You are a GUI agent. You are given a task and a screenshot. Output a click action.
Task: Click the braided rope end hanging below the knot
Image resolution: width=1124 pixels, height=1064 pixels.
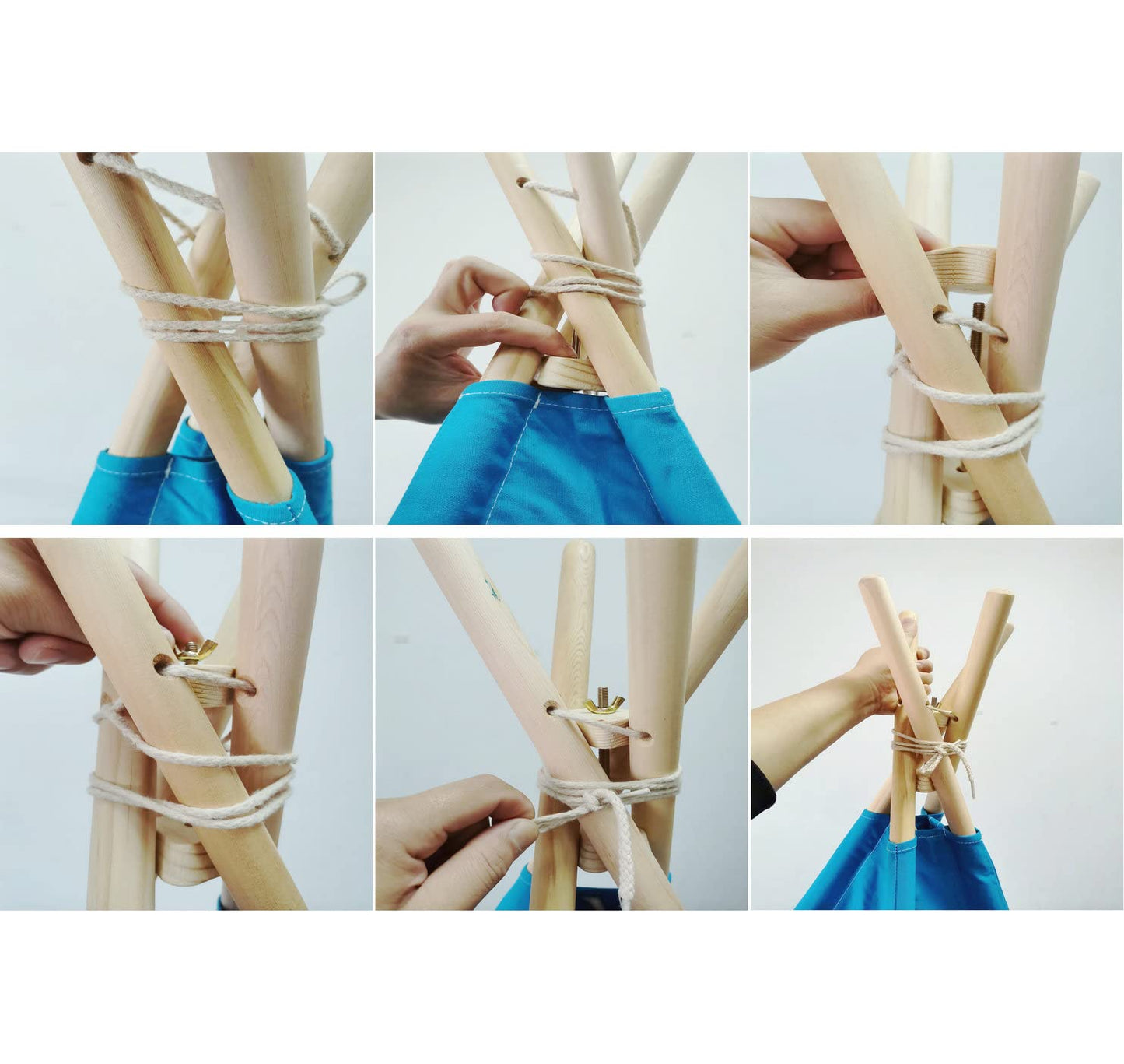[x=622, y=864]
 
